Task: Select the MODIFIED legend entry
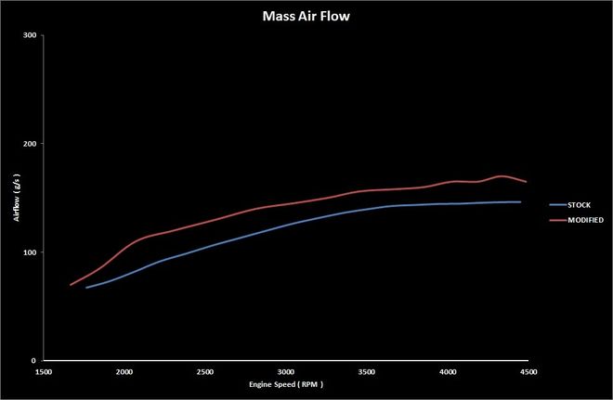click(x=584, y=220)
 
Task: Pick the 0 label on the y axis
click(x=33, y=361)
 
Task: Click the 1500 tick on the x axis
click(x=43, y=371)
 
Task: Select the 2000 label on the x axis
click(x=124, y=371)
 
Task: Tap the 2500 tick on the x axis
click(x=204, y=371)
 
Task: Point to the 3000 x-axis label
click(x=285, y=371)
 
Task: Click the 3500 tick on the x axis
click(x=366, y=371)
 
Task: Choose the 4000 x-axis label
click(x=447, y=371)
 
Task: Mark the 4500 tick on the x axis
click(x=528, y=371)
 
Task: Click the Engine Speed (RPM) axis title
click(x=285, y=384)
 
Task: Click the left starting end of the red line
click(x=71, y=285)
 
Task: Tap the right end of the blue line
click(x=520, y=201)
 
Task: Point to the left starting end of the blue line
click(x=86, y=288)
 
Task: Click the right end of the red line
click(x=526, y=182)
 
